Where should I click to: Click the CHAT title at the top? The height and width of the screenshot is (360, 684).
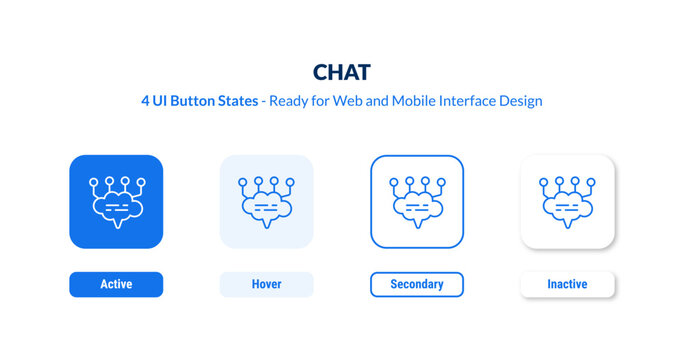pos(342,72)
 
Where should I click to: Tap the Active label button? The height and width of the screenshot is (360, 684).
pos(116,285)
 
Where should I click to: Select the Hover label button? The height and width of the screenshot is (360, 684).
pos(266,285)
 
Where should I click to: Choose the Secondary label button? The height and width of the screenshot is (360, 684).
pos(417,285)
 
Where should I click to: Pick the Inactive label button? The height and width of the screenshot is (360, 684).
pos(567,285)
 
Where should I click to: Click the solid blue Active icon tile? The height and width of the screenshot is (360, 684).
pos(116,201)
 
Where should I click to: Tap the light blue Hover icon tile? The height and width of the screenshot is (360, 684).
pos(266,201)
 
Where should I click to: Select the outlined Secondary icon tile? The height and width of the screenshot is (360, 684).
pos(417,201)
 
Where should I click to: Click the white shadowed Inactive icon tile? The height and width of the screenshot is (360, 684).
pos(567,201)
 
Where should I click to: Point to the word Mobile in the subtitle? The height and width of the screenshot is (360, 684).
pos(409,101)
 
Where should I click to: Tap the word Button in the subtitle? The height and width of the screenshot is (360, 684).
pos(201,101)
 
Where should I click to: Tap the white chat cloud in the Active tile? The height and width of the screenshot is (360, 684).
pos(116,208)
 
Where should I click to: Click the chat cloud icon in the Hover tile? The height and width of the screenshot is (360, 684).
pos(266,208)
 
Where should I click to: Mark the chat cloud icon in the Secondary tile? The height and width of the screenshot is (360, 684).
pos(417,208)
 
